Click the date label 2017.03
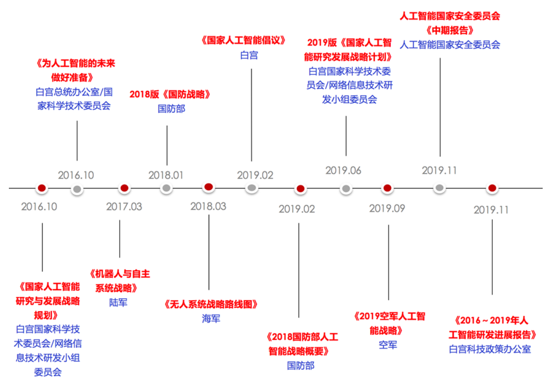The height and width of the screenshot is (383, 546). coord(124,207)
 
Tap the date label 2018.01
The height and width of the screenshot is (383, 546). coord(166,175)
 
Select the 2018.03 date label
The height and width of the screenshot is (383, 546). coord(208,206)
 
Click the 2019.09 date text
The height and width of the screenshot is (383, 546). coord(387,208)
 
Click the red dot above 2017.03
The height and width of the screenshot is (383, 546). coord(124,188)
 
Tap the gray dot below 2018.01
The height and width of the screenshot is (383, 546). coord(166,188)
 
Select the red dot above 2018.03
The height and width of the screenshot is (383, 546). coord(208,187)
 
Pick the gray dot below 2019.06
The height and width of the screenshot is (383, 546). coord(345,189)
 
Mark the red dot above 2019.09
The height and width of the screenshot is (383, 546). coord(387,189)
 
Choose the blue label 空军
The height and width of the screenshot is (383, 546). coord(388,345)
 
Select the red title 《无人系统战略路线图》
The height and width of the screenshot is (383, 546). coord(211,304)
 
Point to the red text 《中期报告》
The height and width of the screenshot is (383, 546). coord(450,30)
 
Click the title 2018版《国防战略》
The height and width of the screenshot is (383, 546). coord(171,94)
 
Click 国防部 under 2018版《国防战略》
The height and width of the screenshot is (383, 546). coord(171,108)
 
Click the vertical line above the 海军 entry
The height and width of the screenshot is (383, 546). coord(209,252)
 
